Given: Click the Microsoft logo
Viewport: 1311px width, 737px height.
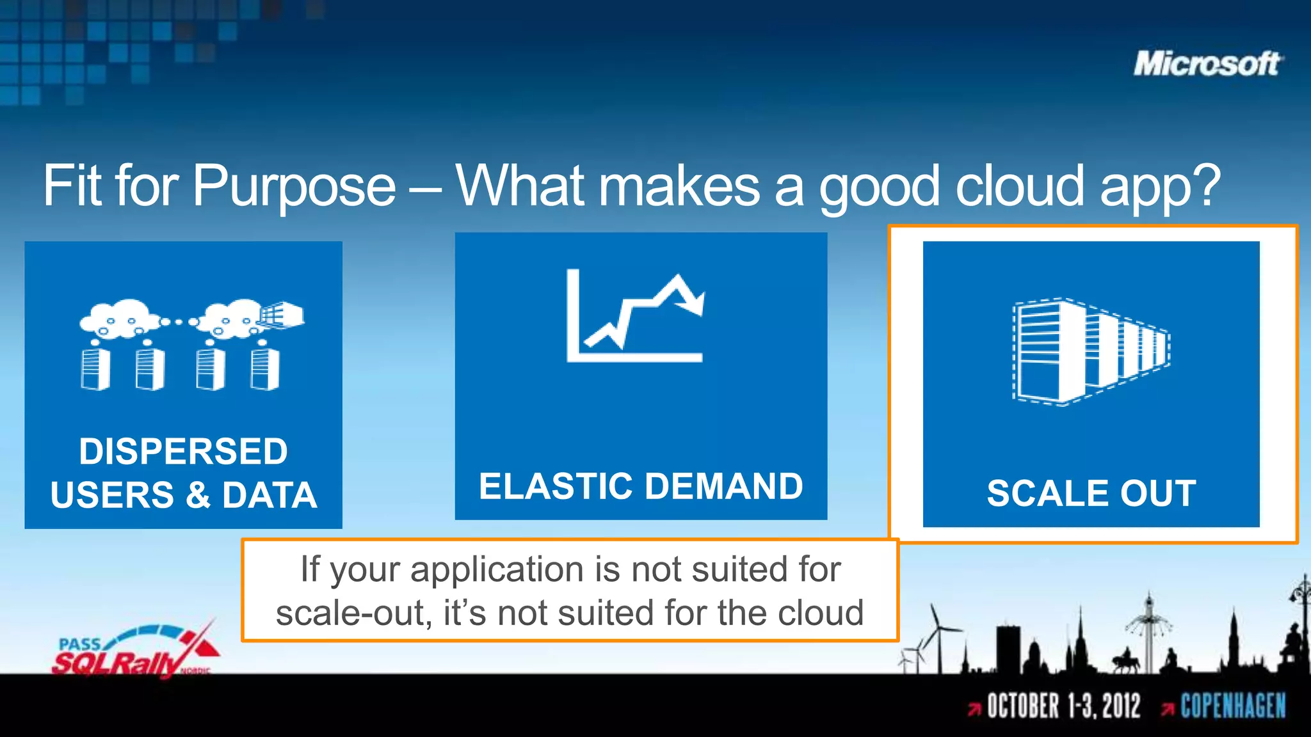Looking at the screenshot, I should (x=1207, y=64).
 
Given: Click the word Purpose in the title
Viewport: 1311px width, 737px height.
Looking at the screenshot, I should (x=294, y=186).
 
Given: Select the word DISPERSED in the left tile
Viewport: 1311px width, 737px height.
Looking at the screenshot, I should (x=183, y=452).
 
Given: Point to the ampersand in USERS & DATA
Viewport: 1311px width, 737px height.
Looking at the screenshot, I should (x=198, y=495).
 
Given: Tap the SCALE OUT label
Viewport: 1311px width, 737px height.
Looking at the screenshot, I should (x=1091, y=493).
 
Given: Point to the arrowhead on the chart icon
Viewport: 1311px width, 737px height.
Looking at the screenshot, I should (x=695, y=303).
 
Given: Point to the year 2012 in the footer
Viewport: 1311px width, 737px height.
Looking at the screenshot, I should (x=1121, y=706).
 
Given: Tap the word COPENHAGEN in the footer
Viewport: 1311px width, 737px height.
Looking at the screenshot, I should (x=1233, y=706).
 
